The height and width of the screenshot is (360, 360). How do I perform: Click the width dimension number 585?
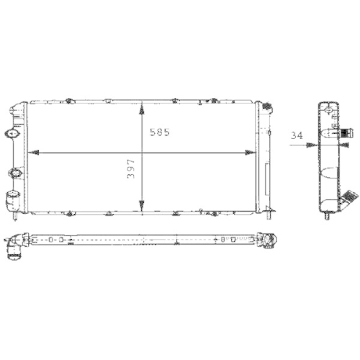160,133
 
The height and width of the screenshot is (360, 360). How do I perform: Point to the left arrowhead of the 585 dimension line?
33,153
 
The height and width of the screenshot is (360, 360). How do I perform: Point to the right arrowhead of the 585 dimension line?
250,153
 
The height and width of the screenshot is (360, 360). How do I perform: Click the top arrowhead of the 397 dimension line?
142,107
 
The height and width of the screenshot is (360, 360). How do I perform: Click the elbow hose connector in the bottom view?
13,248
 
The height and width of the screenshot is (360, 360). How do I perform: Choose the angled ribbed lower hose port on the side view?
351,197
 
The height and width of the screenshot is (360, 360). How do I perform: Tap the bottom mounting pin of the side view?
328,214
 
